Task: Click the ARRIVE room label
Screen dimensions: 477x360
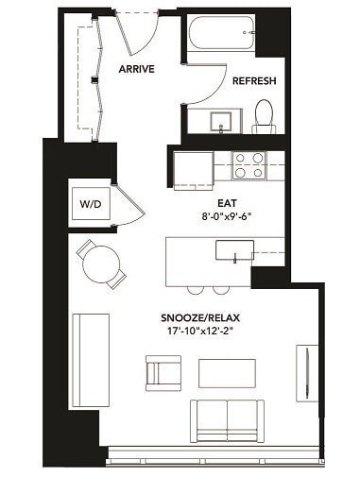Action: pyautogui.click(x=137, y=69)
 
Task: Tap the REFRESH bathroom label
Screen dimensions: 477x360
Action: pyautogui.click(x=254, y=81)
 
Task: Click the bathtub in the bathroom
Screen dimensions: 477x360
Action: pyautogui.click(x=218, y=37)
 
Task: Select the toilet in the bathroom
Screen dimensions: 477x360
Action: pyautogui.click(x=264, y=118)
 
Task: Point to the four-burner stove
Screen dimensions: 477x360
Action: pyautogui.click(x=248, y=165)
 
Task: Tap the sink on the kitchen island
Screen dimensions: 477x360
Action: pyautogui.click(x=234, y=250)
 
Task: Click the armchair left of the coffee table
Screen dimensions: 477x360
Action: pyautogui.click(x=163, y=371)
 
